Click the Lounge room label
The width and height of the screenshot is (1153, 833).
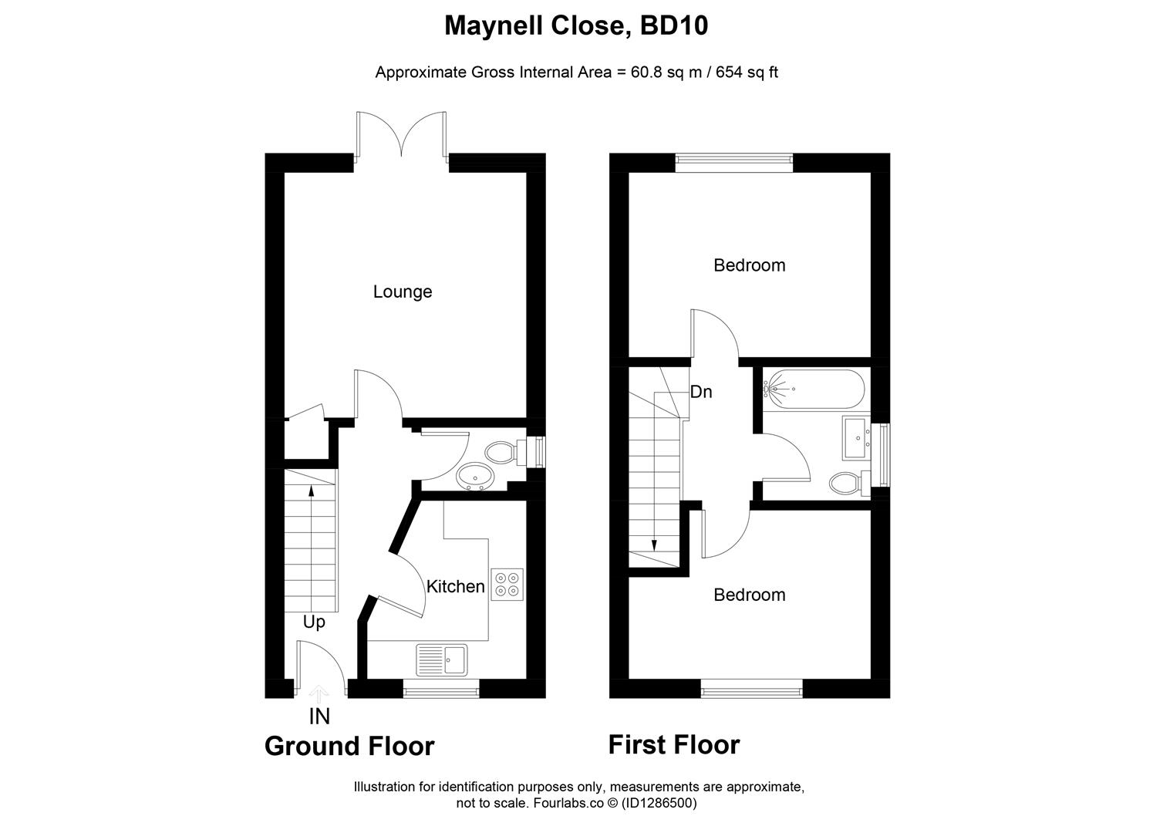point(403,292)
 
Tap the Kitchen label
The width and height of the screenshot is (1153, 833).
point(456,587)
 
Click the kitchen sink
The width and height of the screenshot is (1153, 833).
point(441,660)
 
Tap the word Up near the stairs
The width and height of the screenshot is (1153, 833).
point(314,622)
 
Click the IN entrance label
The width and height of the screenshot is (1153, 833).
point(319,717)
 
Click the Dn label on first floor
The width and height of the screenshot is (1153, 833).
point(701,392)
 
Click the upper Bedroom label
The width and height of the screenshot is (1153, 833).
point(750,265)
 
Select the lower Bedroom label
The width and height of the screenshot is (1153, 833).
point(750,595)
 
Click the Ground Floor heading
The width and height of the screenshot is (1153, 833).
point(349,747)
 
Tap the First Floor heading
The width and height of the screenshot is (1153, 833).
point(674,745)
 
